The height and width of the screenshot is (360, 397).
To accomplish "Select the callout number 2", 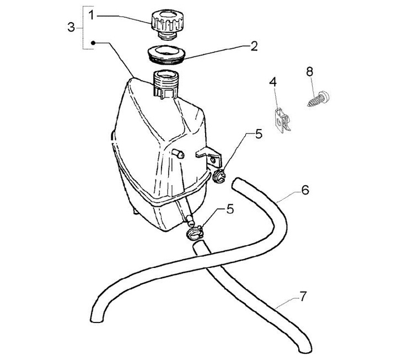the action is [254, 46].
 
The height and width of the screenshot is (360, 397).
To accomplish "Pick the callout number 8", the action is [309, 71].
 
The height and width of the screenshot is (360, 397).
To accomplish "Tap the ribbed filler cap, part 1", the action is [165, 24].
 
